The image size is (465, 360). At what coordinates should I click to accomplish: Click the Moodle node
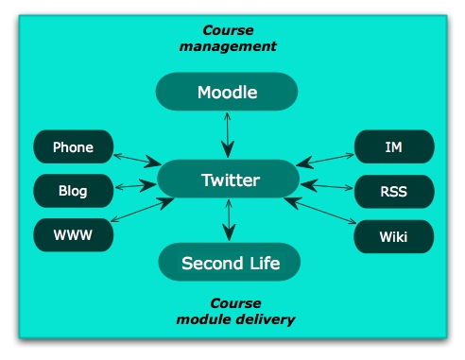(227, 92)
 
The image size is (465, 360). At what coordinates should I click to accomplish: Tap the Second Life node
(230, 263)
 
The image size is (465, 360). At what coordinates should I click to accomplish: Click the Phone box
(73, 146)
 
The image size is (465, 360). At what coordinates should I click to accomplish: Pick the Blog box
(73, 191)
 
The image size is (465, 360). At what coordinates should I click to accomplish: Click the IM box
(394, 146)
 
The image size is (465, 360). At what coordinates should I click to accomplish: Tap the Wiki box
(394, 235)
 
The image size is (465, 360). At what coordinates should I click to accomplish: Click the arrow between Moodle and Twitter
(227, 133)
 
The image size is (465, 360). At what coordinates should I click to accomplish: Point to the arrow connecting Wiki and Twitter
(321, 214)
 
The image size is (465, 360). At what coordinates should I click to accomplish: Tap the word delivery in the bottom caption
(267, 319)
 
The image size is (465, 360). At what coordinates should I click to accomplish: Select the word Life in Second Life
(261, 263)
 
